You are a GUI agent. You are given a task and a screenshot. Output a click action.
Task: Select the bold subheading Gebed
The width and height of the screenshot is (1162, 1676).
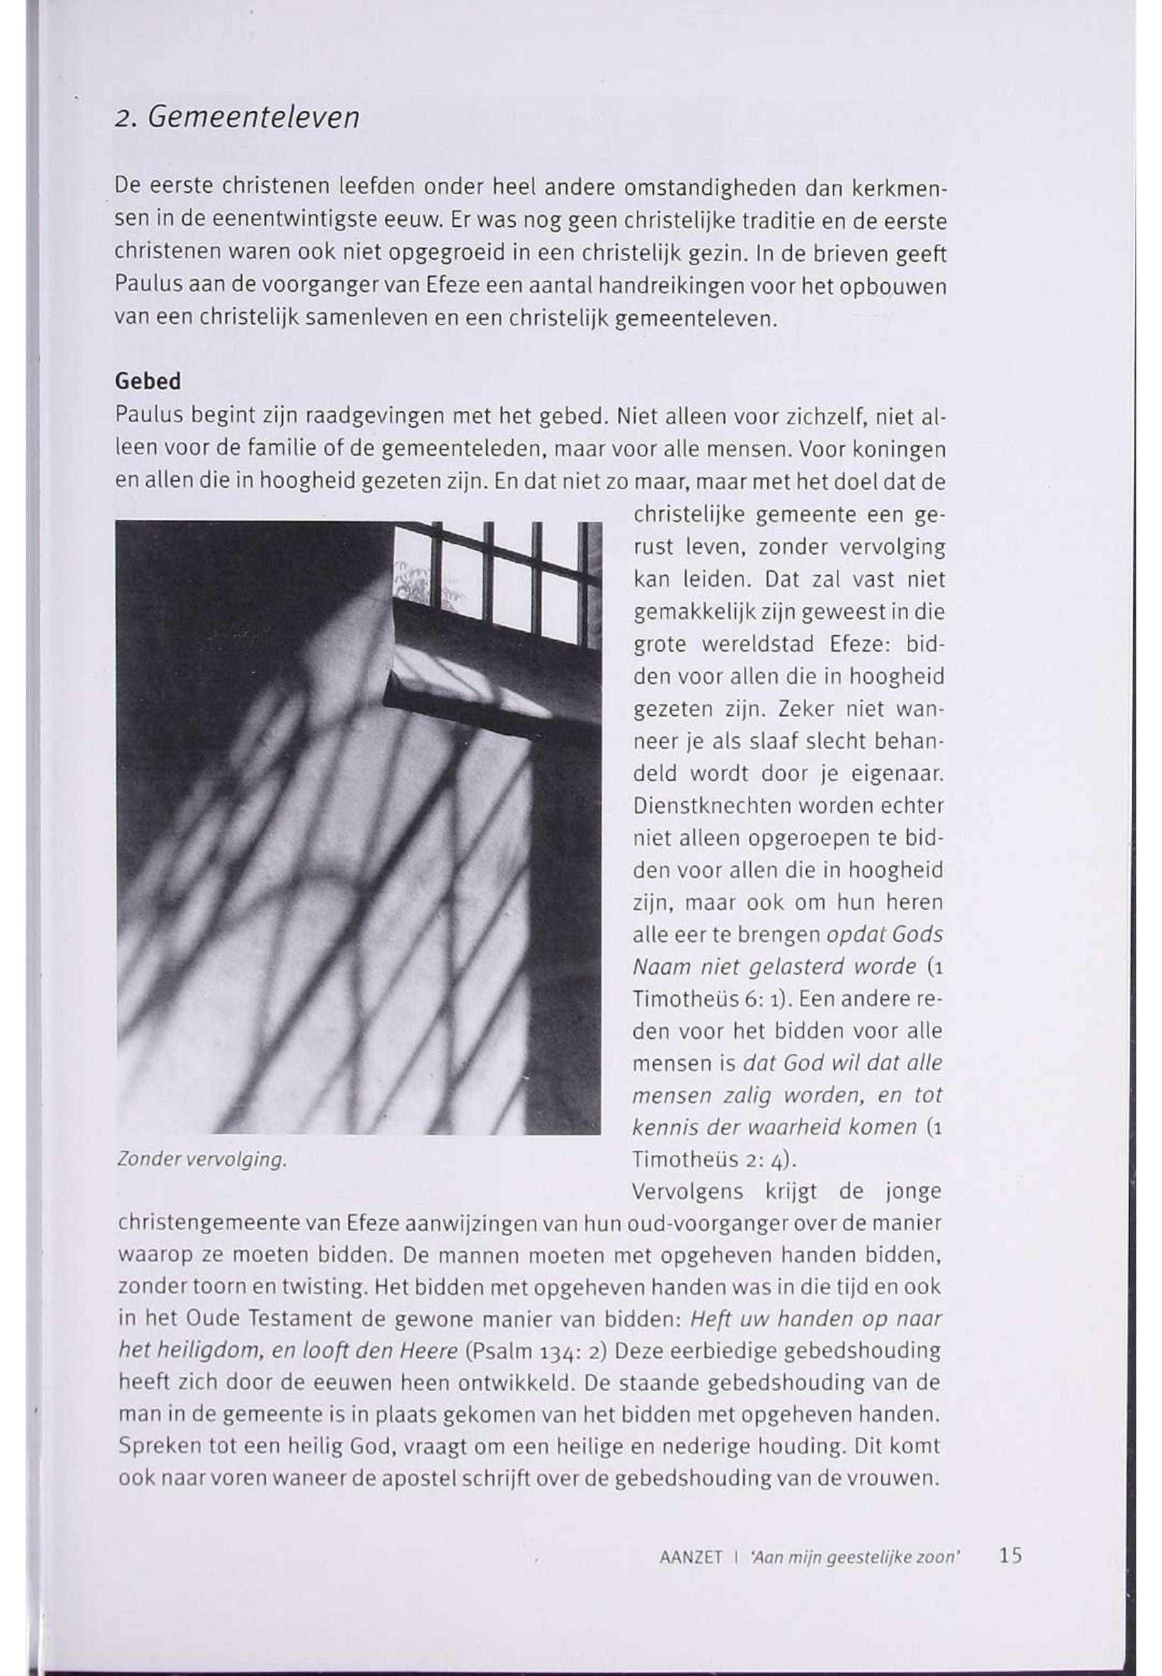[148, 382]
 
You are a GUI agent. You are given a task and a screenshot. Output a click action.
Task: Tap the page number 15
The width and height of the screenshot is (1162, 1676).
[1011, 1556]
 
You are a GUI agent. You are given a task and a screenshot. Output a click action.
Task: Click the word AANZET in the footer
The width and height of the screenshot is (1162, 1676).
[690, 1558]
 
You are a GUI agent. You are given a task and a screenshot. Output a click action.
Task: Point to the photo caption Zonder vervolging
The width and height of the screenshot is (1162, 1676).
[201, 1159]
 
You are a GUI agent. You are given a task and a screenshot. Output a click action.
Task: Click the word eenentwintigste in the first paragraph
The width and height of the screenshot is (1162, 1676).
[304, 220]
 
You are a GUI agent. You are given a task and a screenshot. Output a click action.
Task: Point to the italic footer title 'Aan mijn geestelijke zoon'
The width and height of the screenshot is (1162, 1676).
[850, 1558]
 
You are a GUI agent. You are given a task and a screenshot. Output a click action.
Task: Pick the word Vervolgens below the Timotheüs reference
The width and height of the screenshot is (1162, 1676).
[688, 1191]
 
